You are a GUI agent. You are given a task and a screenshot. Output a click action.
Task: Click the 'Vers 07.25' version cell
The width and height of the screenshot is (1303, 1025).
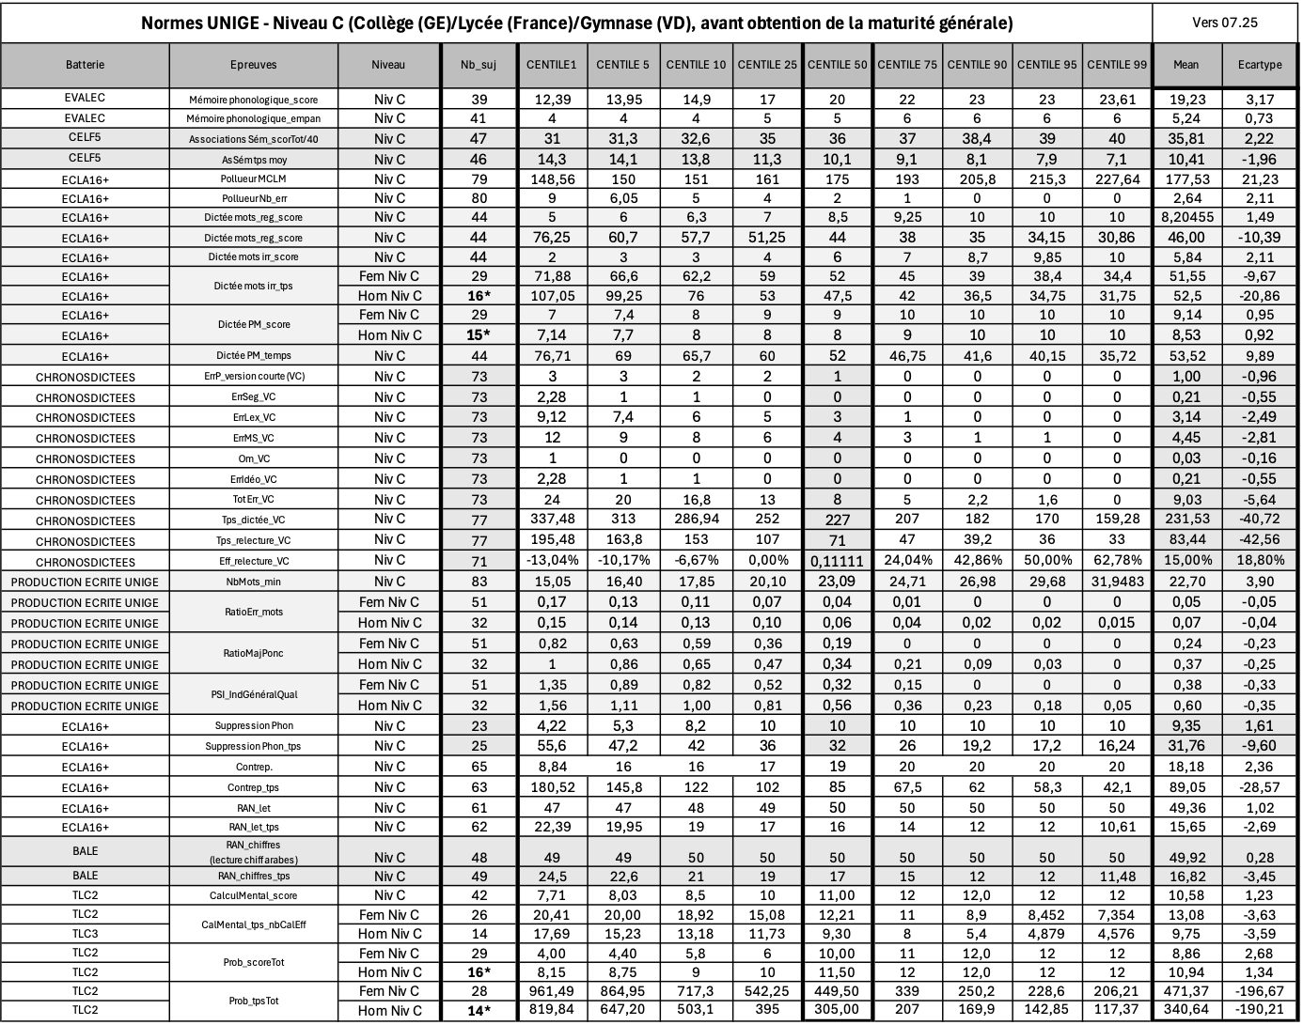(1225, 23)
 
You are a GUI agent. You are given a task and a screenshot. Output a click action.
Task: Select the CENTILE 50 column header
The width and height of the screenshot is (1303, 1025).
(837, 65)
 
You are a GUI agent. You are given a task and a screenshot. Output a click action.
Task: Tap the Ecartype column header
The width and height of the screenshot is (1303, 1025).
(1259, 65)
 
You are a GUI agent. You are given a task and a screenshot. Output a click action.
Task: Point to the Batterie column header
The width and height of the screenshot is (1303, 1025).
(85, 65)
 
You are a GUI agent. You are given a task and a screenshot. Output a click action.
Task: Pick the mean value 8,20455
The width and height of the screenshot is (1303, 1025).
(1185, 217)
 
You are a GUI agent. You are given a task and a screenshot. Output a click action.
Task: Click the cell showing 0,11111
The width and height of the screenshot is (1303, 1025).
(837, 561)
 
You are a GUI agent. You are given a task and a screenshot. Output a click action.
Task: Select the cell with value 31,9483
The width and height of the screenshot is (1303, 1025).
(1116, 582)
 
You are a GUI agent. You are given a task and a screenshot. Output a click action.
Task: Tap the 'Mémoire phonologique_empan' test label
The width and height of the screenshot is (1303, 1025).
(253, 118)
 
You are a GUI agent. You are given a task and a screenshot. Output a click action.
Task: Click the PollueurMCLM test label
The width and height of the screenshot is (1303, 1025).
(253, 179)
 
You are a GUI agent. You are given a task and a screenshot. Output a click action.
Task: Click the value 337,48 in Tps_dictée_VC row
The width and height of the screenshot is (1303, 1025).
(552, 520)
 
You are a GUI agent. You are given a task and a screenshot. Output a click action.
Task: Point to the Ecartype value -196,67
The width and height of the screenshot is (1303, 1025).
(1259, 991)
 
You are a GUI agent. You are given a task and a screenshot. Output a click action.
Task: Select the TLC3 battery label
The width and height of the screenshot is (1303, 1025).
(85, 933)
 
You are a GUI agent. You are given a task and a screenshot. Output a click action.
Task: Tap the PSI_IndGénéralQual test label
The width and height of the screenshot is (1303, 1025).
(253, 695)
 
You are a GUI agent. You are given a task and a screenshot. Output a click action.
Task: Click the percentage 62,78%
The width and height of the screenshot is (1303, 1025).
(1116, 561)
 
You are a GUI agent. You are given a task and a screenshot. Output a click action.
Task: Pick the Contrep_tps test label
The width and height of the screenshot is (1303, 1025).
(253, 787)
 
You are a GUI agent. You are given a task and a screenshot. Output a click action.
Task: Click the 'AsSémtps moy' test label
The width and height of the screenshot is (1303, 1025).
(253, 159)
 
